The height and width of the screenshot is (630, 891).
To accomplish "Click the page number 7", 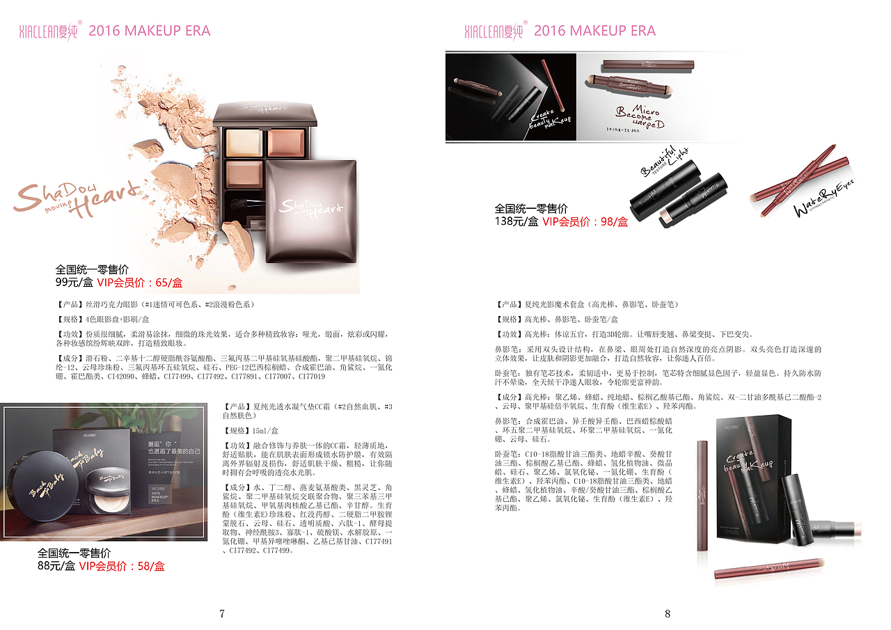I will [222, 613].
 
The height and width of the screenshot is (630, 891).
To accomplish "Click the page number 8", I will [668, 613].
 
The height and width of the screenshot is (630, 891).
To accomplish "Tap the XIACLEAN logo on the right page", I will [494, 31].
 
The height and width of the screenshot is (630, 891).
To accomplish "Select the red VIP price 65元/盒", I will [140, 283].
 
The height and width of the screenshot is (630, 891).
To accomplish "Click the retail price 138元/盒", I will [516, 221].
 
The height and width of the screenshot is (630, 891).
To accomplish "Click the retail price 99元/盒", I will [74, 283].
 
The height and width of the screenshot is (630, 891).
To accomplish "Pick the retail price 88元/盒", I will [56, 566].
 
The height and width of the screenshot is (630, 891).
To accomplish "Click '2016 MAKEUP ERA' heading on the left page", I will [150, 31].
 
